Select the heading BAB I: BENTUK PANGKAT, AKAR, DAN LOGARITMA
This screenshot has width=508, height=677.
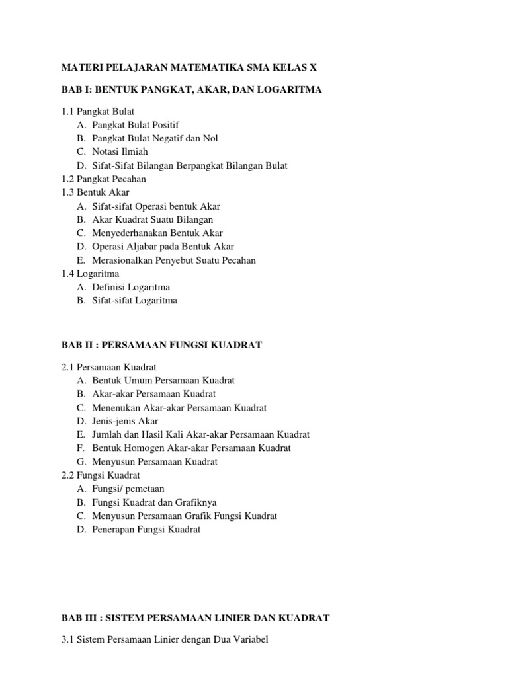tap(191, 89)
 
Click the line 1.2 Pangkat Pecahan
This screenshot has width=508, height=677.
tap(103, 179)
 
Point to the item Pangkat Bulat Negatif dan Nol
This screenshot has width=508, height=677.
tap(155, 138)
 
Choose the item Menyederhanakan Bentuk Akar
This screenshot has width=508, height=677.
tap(157, 233)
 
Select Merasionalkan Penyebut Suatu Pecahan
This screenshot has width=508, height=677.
tap(174, 260)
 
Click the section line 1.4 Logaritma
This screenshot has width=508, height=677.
tap(91, 273)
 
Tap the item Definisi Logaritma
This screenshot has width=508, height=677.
tap(131, 287)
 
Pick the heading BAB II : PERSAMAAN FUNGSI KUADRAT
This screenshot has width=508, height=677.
tap(162, 344)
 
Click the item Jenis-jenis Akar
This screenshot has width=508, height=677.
tap(125, 420)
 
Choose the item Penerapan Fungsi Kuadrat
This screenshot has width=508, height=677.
tap(146, 529)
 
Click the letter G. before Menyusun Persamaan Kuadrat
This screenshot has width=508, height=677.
tap(81, 461)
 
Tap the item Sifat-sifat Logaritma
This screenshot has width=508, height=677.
tap(134, 300)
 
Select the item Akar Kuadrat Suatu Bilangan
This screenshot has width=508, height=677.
tap(153, 219)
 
